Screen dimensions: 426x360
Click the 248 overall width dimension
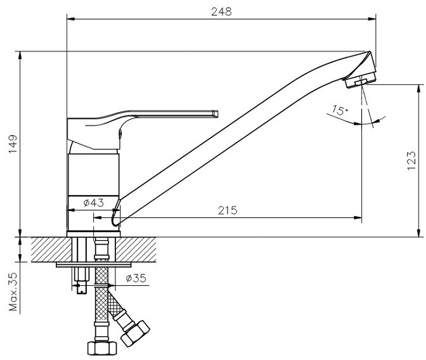click(221, 12)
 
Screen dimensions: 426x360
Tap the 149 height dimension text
click(13, 144)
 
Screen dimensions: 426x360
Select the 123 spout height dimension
click(411, 160)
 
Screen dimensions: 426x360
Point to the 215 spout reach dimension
click(228, 210)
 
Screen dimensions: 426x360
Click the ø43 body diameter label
click(93, 202)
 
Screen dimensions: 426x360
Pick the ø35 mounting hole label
click(136, 278)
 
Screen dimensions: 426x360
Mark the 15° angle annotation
click(340, 110)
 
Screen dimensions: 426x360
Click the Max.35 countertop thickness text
click(13, 292)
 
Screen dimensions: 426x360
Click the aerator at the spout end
click(359, 80)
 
